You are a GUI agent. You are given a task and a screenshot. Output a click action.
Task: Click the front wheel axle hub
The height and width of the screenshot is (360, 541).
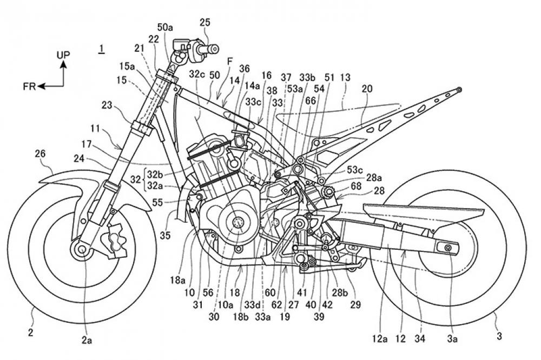[x=82, y=249]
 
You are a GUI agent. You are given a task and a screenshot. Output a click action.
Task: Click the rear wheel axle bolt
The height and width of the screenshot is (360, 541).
[x=448, y=247]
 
